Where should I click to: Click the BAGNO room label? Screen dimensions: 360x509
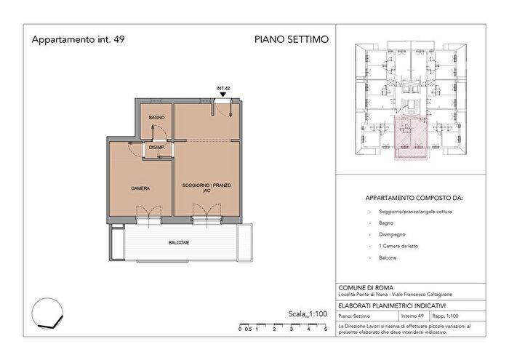[x=156, y=117]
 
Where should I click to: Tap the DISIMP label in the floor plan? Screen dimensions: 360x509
[x=156, y=148]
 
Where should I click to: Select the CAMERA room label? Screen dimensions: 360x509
[x=140, y=188]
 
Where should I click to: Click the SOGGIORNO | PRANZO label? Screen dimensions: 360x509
[x=207, y=186]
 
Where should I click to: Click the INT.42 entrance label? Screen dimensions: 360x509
[x=223, y=88]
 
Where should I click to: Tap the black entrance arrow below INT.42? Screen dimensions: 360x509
[x=223, y=95]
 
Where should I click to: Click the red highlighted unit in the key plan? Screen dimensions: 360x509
[x=409, y=138]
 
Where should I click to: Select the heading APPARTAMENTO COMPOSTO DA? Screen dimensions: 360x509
[x=415, y=197]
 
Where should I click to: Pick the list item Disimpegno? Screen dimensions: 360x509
[x=396, y=234]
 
